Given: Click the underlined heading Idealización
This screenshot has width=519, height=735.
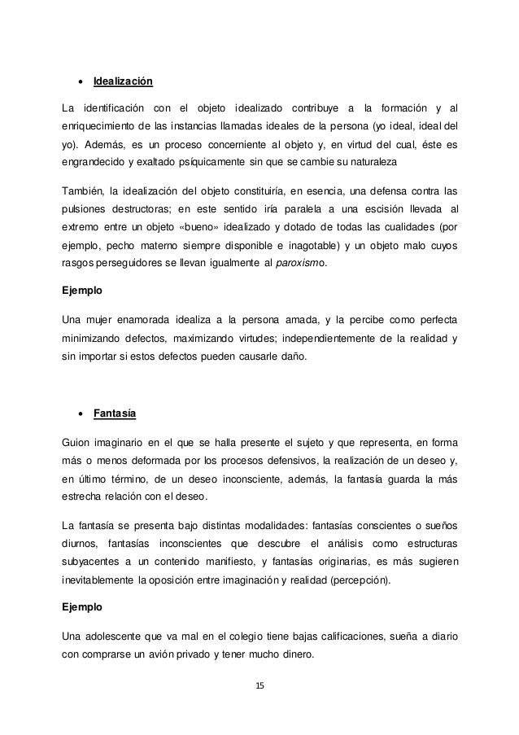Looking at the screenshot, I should click(x=123, y=82).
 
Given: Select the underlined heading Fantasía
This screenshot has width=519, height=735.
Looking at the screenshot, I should click(x=115, y=413).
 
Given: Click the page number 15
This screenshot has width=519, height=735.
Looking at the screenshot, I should click(x=259, y=685).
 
